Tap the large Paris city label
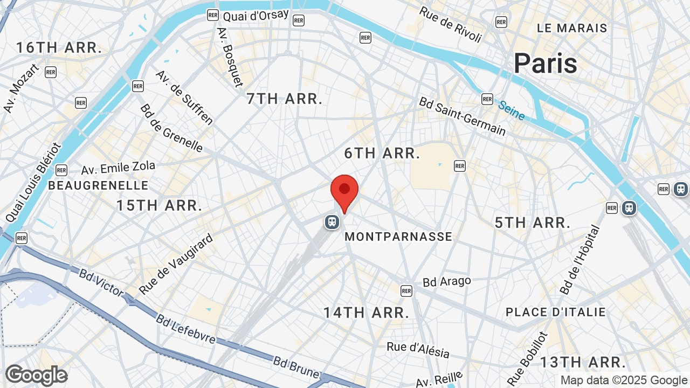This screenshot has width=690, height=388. tap(545, 64)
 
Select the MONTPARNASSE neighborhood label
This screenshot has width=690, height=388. tap(398, 237)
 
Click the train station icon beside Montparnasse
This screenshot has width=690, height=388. tap(332, 221)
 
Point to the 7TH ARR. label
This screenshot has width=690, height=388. tap(284, 99)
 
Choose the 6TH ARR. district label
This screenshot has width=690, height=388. tap(382, 154)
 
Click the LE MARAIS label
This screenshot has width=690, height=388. tap(572, 28)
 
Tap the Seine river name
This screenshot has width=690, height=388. tap(511, 110)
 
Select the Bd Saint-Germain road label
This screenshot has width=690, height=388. tap(463, 116)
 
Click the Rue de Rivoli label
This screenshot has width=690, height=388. tap(450, 24)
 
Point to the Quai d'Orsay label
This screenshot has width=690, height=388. tap(256, 15)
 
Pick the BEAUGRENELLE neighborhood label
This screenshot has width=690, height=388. tap(98, 185)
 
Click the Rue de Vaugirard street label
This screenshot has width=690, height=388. tap(176, 264)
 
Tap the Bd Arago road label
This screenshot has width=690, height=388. tap(447, 281)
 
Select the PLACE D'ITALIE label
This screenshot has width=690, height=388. tap(556, 312)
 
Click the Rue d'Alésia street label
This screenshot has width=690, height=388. tap(418, 350)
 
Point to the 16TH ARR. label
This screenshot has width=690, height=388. tap(59, 47)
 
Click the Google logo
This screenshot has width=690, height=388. tap(36, 375)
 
